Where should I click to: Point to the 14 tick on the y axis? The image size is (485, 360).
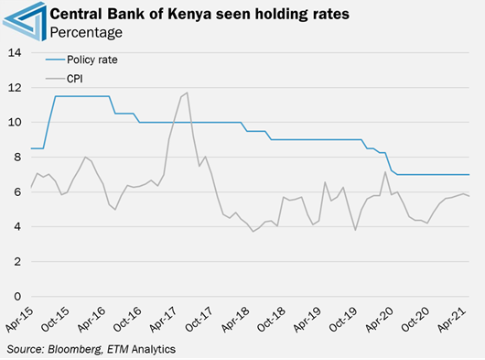14,52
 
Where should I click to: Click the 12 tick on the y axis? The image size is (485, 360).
14,87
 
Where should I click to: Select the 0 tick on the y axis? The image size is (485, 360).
16,297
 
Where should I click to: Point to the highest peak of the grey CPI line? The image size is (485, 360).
187,93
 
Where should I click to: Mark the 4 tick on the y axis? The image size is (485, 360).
16,226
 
